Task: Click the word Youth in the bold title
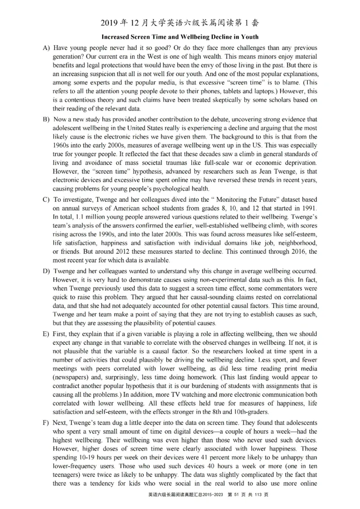pos(248,36)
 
